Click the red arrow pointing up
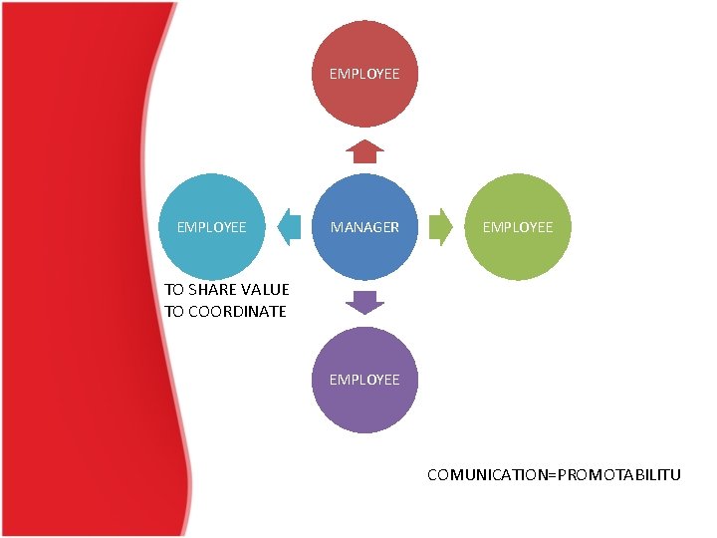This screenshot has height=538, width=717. click(x=364, y=150)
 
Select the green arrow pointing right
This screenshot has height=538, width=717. click(x=440, y=227)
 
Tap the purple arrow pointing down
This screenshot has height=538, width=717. click(x=364, y=302)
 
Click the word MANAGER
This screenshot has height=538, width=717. click(x=364, y=227)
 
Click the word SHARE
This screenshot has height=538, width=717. click(x=212, y=290)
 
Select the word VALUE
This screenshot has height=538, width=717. click(x=264, y=290)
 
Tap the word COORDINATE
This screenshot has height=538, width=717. click(x=236, y=311)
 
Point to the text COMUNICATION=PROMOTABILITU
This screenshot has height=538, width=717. click(x=554, y=474)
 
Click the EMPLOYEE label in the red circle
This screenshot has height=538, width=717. click(x=364, y=74)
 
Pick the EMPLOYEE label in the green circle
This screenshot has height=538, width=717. click(x=518, y=227)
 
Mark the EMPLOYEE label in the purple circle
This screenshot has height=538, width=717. click(x=364, y=379)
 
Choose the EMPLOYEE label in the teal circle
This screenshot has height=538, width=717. click(x=211, y=227)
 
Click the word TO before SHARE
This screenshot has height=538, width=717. click(x=175, y=290)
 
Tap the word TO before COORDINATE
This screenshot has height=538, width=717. click(x=175, y=311)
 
